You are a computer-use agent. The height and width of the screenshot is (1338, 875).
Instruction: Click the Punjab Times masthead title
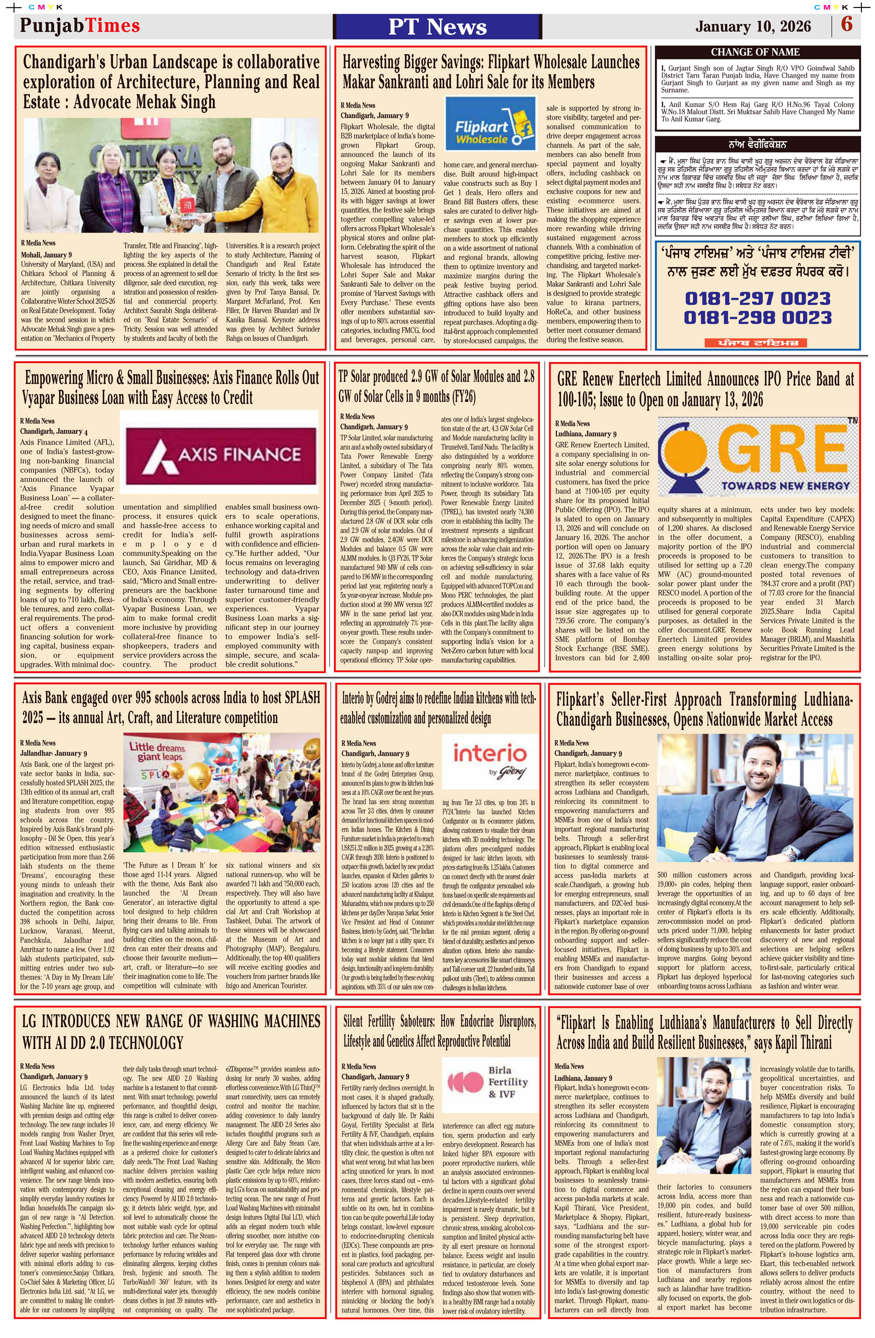pos(80,26)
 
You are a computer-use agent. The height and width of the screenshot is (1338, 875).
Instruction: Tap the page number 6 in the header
pos(846,25)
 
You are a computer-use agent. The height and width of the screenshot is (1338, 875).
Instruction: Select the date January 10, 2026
pos(753,26)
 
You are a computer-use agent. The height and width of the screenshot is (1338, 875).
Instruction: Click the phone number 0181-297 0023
pos(757,298)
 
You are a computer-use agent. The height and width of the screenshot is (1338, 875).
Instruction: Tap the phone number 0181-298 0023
pos(757,318)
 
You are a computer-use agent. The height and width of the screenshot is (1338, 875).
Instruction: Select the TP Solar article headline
pos(436,386)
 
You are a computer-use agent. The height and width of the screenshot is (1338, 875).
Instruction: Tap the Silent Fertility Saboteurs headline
pos(439,1031)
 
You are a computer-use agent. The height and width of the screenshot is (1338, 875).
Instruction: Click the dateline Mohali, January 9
pos(46,255)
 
